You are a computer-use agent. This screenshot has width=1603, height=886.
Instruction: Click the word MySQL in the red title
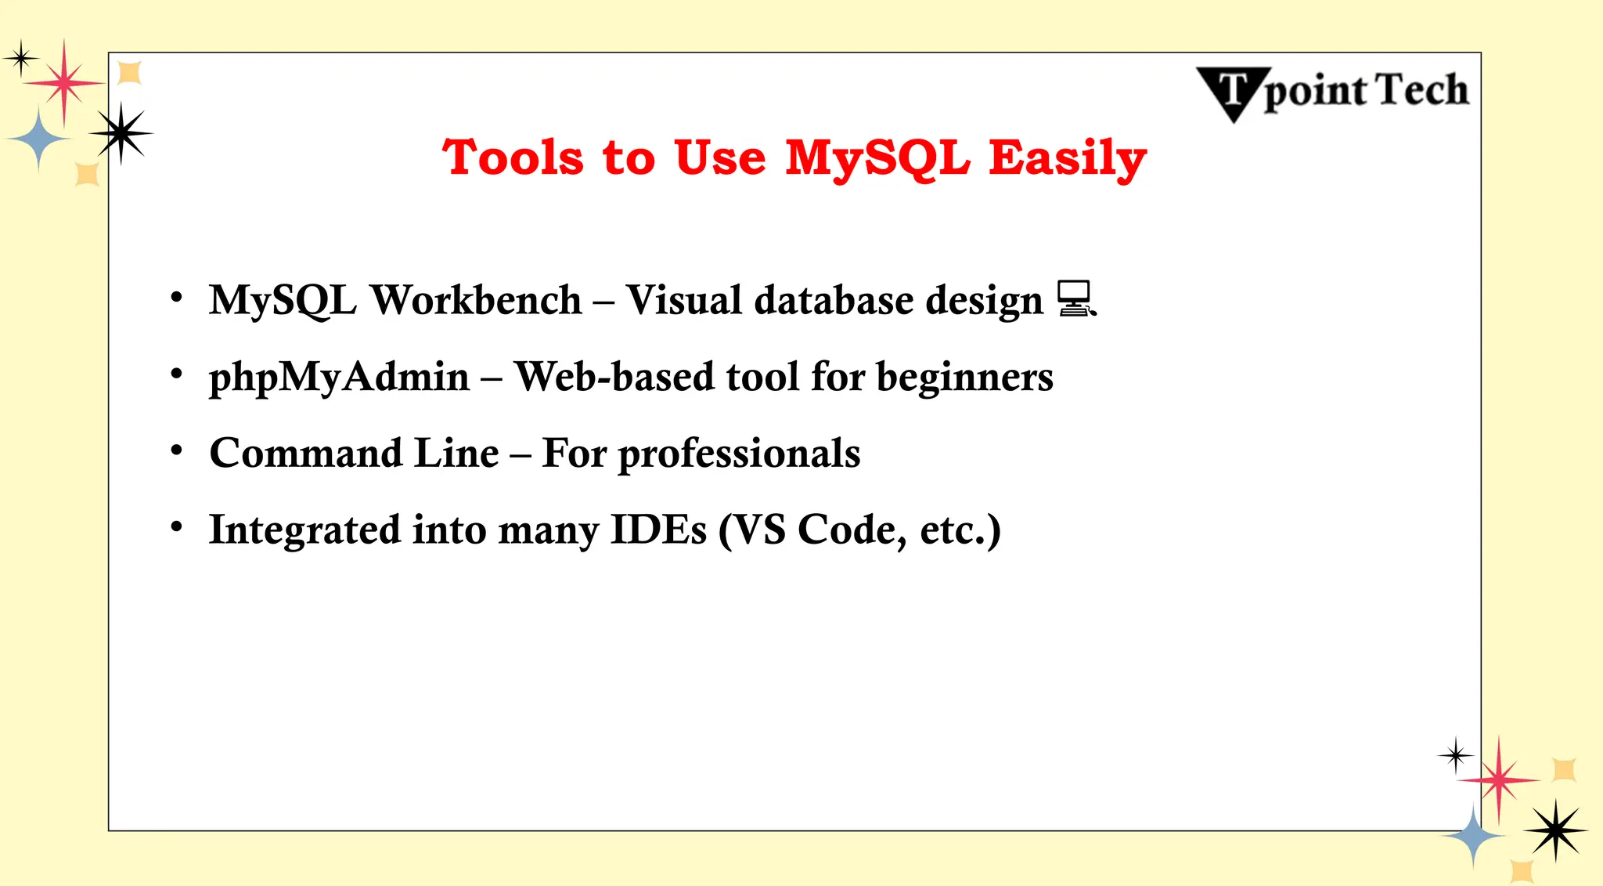pyautogui.click(x=877, y=158)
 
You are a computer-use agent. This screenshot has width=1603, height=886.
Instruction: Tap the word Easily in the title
pyautogui.click(x=1067, y=158)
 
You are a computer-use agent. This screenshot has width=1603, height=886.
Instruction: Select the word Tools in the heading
pyautogui.click(x=513, y=158)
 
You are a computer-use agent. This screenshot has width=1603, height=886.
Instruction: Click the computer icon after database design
pyautogui.click(x=1076, y=299)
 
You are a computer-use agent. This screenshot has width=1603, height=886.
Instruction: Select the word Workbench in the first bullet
pyautogui.click(x=476, y=300)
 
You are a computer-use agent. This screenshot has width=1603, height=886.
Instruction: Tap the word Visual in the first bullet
pyautogui.click(x=683, y=300)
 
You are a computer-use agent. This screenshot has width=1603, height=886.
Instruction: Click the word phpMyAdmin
pyautogui.click(x=339, y=378)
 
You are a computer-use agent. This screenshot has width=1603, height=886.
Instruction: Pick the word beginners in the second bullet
pyautogui.click(x=964, y=378)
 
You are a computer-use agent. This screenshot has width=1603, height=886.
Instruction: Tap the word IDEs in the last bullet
pyautogui.click(x=658, y=530)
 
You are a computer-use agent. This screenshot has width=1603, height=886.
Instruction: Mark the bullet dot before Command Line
pyautogui.click(x=177, y=450)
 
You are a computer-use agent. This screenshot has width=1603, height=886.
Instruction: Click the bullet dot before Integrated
pyautogui.click(x=177, y=527)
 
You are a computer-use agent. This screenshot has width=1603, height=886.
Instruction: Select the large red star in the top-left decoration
pyautogui.click(x=64, y=82)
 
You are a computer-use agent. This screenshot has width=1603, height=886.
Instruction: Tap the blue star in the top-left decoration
pyautogui.click(x=38, y=139)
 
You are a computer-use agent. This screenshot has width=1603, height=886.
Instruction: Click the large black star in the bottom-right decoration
pyautogui.click(x=1555, y=830)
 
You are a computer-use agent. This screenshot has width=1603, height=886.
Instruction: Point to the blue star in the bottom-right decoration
pyautogui.click(x=1473, y=835)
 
